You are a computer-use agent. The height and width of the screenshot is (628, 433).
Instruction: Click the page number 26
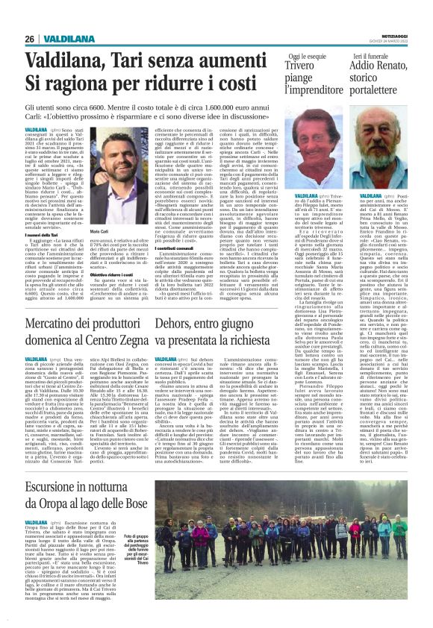point(29,39)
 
